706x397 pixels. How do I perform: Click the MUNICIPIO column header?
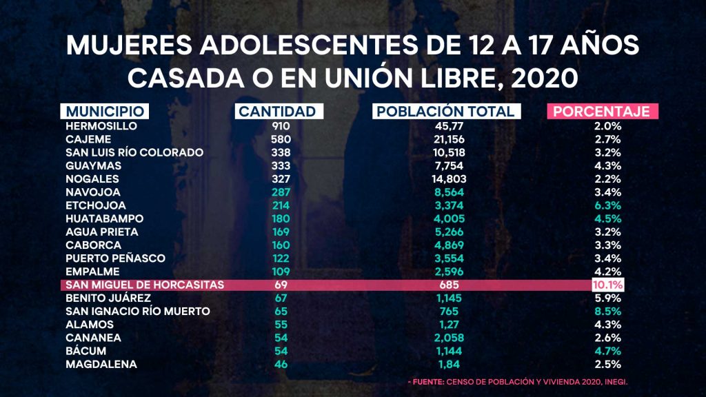[105, 112]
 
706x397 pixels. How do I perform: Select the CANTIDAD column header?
[276, 112]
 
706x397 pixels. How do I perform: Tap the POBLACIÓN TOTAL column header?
[444, 112]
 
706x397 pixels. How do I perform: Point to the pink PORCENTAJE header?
[603, 112]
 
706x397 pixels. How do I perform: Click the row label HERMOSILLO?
[101, 126]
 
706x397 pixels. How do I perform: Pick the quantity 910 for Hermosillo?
[281, 126]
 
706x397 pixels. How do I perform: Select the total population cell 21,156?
[444, 139]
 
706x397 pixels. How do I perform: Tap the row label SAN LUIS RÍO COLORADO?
[134, 152]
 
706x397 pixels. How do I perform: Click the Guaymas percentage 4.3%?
[608, 165]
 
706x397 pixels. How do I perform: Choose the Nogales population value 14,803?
[444, 179]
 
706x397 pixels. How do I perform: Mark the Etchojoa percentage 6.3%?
[608, 205]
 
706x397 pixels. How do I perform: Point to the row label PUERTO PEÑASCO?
[115, 258]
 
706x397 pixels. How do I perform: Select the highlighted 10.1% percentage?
[607, 285]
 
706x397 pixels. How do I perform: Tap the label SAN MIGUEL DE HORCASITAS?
[144, 285]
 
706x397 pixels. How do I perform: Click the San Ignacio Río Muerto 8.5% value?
[608, 311]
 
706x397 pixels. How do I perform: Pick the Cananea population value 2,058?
[444, 338]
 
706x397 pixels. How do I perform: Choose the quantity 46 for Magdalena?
[281, 364]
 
